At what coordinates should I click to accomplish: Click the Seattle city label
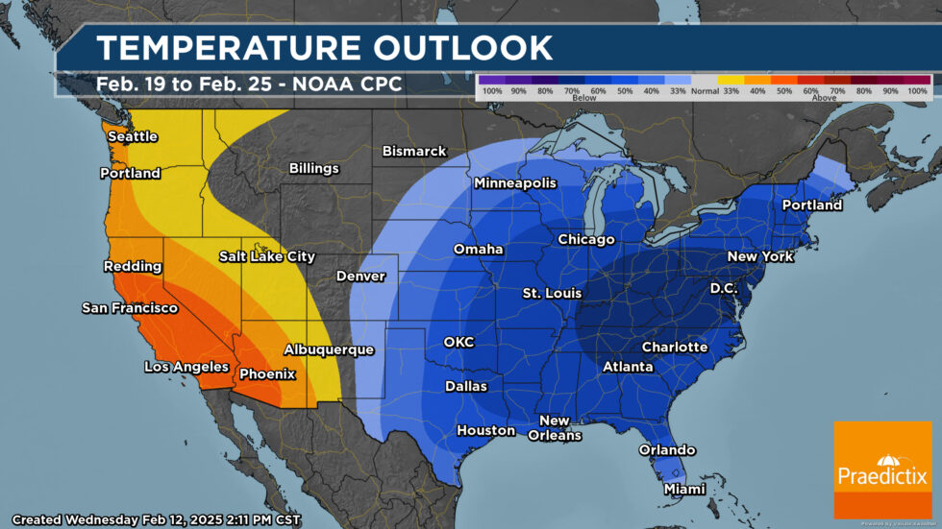(x=132, y=136)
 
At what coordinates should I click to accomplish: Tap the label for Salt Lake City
(x=266, y=256)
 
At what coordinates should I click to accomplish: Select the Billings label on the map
(x=314, y=169)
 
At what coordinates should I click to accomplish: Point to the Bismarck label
(x=414, y=151)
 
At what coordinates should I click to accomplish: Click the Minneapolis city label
(x=514, y=182)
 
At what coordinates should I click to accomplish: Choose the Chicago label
(x=585, y=239)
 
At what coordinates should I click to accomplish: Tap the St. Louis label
(x=552, y=292)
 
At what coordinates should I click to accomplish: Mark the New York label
(x=760, y=256)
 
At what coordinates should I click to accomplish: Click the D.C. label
(x=724, y=288)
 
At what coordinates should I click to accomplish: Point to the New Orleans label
(x=554, y=428)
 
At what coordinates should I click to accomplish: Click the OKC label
(x=459, y=342)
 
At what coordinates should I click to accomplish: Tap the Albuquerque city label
(x=328, y=349)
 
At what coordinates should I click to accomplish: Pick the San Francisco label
(x=130, y=308)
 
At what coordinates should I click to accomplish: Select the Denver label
(x=360, y=277)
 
